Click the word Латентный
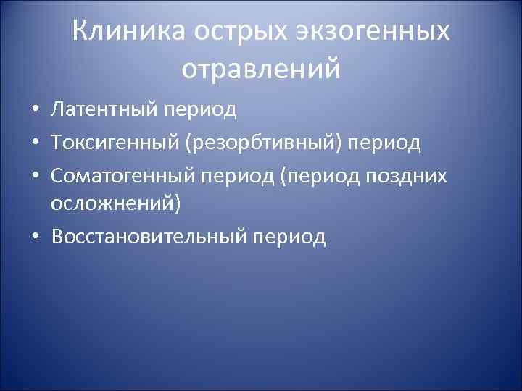coord(104,110)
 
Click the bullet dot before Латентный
coord(35,111)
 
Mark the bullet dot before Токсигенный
coord(35,143)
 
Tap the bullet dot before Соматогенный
coord(35,175)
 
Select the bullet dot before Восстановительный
coord(35,237)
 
